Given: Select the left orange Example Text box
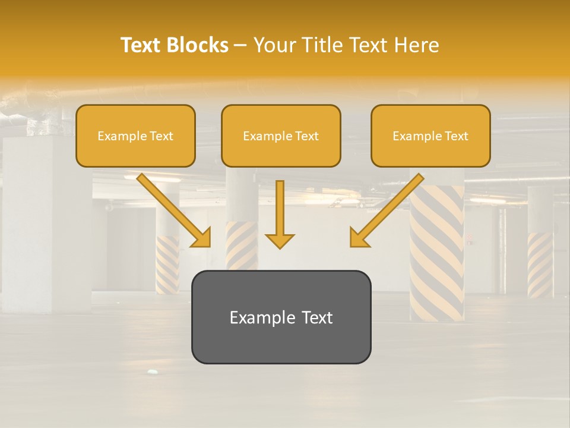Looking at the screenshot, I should pyautogui.click(x=135, y=136).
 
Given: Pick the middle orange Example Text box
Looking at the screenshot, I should pyautogui.click(x=281, y=136).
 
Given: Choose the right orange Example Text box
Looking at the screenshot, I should pyautogui.click(x=430, y=136).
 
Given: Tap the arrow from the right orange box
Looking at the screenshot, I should pyautogui.click(x=387, y=210).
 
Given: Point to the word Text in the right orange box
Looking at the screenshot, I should pyautogui.click(x=456, y=136).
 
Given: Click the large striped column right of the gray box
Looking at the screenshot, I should pyautogui.click(x=437, y=256).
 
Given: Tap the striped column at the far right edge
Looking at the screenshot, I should pyautogui.click(x=540, y=265).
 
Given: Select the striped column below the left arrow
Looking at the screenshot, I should pyautogui.click(x=167, y=265).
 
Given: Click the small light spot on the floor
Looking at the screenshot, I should pyautogui.click(x=153, y=372).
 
